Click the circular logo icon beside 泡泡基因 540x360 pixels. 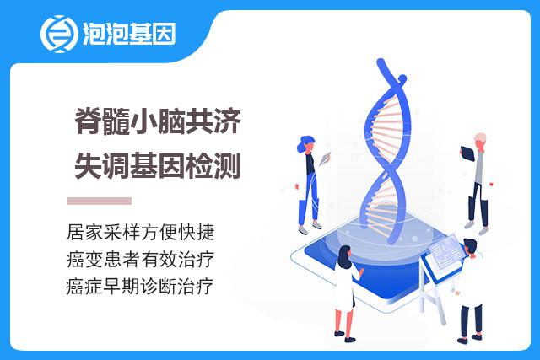pyautogui.click(x=58, y=34)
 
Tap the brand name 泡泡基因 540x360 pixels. pyautogui.click(x=129, y=34)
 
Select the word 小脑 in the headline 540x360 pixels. pyautogui.click(x=157, y=121)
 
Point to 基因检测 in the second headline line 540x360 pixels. pyautogui.click(x=185, y=166)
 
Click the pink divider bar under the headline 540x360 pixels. pyautogui.click(x=100, y=201)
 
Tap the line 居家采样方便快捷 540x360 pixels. pyautogui.click(x=141, y=233)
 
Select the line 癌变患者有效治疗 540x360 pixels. pyautogui.click(x=141, y=259)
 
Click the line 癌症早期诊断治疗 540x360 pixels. pyautogui.click(x=140, y=287)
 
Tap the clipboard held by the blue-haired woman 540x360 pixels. pyautogui.click(x=325, y=159)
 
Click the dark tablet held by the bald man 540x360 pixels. pyautogui.click(x=467, y=153)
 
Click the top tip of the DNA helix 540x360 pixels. pyautogui.click(x=381, y=62)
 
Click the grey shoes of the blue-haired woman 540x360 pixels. pyautogui.click(x=310, y=228)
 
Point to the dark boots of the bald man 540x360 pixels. pyautogui.click(x=478, y=213)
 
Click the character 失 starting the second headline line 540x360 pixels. pyautogui.click(x=88, y=166)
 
